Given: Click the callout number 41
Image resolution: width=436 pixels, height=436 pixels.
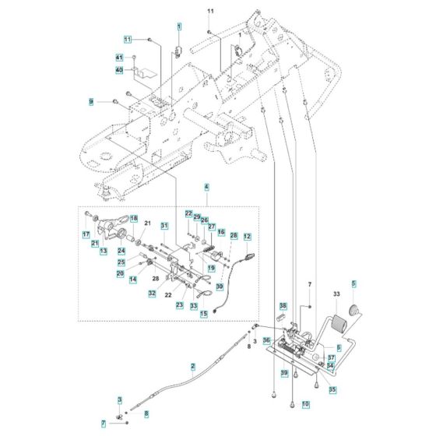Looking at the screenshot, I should point(119,58).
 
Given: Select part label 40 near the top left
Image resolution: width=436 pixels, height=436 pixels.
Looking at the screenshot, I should point(119,70).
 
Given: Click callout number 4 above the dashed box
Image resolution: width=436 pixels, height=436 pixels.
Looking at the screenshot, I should point(185,187).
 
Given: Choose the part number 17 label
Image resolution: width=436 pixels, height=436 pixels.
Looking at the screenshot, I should point(86,234).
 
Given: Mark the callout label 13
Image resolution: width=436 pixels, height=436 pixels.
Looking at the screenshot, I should point(104,251).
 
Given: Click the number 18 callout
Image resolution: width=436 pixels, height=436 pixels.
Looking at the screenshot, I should point(133,219).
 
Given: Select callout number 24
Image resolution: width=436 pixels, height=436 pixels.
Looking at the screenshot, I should point(121,251).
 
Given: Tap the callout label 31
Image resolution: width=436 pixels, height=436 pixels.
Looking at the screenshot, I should point(164,226).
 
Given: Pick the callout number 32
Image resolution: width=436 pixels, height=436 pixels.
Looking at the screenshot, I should point(153,293).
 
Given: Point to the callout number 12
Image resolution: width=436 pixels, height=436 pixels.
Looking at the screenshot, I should point(248,236).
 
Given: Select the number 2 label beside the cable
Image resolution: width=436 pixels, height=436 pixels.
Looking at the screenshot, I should point(192,366).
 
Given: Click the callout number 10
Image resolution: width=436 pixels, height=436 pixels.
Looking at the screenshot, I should point(305,405).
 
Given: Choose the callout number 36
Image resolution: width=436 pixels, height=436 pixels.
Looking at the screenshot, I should point(266,340).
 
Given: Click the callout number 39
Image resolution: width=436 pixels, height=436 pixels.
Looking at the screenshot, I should point(284,374).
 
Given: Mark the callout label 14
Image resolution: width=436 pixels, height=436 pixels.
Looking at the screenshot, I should point(133,279).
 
